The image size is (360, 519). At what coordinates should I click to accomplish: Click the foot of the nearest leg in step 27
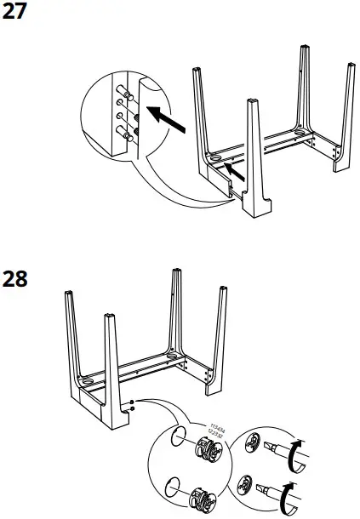click(x=253, y=205)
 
